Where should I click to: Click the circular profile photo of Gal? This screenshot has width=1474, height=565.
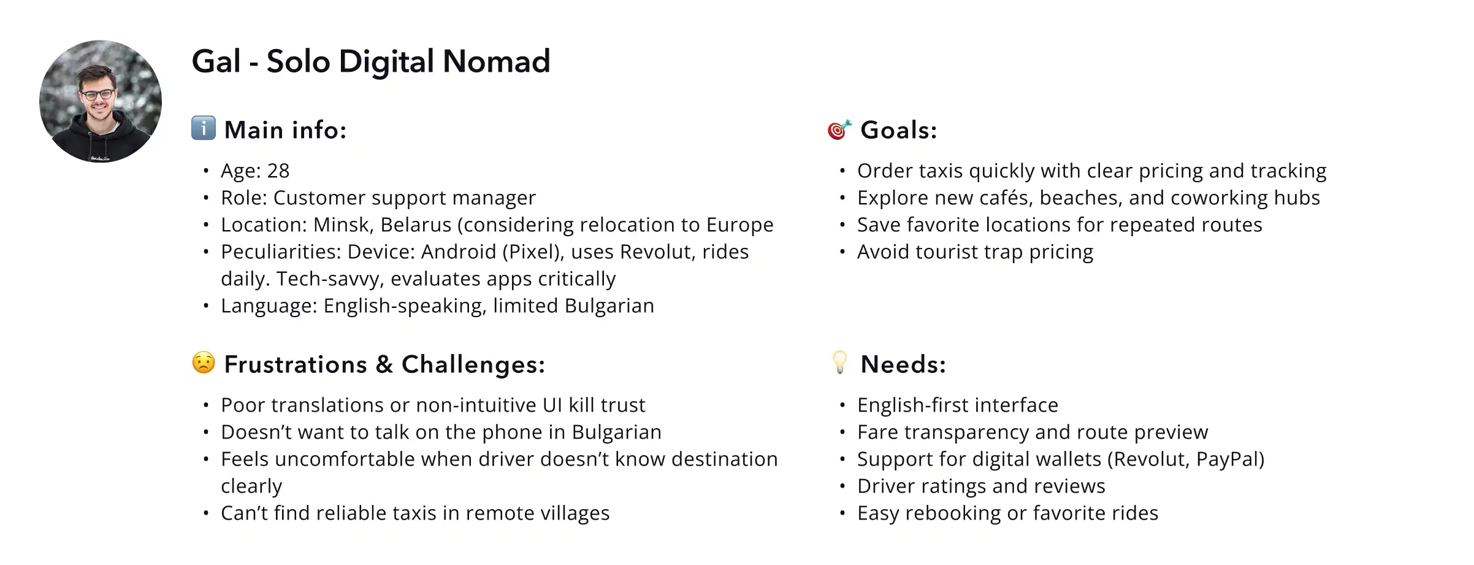pyautogui.click(x=101, y=102)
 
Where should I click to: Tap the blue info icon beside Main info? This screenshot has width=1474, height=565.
pyautogui.click(x=204, y=128)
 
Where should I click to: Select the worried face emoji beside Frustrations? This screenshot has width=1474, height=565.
pyautogui.click(x=204, y=363)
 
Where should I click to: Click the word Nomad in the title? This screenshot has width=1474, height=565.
pyautogui.click(x=496, y=61)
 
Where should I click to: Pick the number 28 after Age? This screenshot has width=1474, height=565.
pyautogui.click(x=278, y=171)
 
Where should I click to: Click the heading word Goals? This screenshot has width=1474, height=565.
pyautogui.click(x=898, y=130)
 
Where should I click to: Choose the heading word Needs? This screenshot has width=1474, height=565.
pyautogui.click(x=903, y=364)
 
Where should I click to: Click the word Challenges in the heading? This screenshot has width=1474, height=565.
pyautogui.click(x=473, y=364)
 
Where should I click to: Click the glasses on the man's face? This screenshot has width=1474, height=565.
pyautogui.click(x=98, y=95)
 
